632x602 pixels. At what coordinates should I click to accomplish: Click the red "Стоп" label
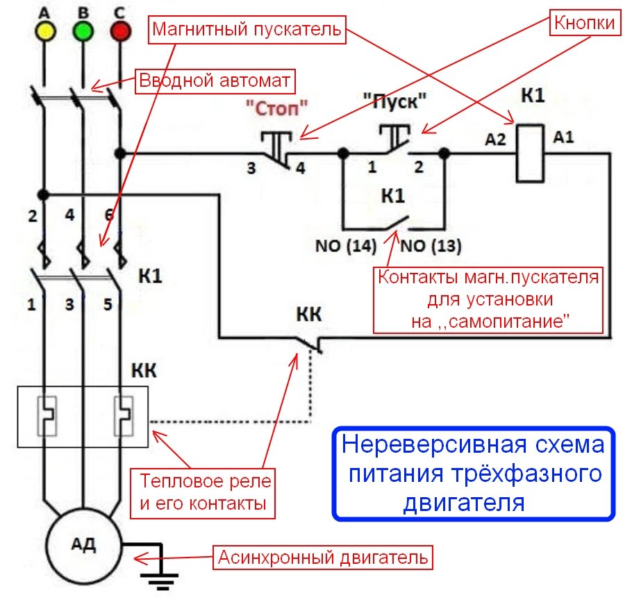point(276,108)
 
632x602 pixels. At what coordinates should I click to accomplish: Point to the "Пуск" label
point(393,102)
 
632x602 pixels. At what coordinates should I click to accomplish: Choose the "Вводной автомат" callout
point(215,80)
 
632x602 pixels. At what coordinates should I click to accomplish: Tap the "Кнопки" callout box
point(584,23)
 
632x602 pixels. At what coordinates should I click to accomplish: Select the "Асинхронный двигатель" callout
point(324,557)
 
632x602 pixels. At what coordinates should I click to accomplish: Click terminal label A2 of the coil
point(496,140)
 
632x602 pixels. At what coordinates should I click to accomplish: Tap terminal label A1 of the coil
point(563,139)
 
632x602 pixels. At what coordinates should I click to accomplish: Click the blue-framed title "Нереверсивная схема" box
point(474,473)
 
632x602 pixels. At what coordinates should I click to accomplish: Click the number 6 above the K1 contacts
point(108,215)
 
